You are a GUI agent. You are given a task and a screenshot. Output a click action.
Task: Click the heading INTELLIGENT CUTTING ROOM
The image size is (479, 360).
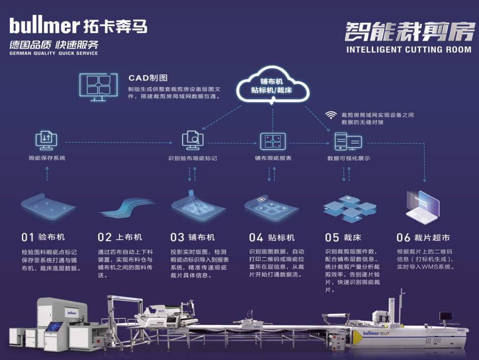(x=408, y=50)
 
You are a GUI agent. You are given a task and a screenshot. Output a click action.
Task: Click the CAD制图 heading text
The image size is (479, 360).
(x=148, y=78)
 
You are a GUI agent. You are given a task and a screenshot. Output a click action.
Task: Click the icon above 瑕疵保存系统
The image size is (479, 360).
(x=47, y=141)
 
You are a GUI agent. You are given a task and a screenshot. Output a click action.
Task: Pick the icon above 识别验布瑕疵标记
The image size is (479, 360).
(x=192, y=141)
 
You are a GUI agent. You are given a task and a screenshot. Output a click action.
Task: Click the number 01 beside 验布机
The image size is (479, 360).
(x=28, y=237)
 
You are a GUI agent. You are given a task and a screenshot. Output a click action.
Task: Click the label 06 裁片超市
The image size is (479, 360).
(x=423, y=238)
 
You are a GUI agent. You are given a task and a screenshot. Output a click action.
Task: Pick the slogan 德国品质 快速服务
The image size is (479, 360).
(x=54, y=44)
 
